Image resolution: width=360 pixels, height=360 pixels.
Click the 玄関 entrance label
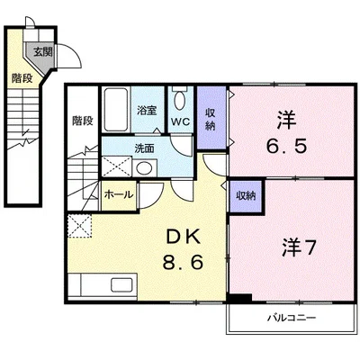click(x=43, y=52)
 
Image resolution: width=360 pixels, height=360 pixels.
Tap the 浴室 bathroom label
click(x=147, y=111)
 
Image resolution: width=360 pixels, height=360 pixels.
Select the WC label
click(x=181, y=121)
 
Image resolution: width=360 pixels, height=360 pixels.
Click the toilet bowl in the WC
click(x=180, y=100)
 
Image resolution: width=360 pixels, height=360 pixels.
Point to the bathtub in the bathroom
click(x=116, y=109)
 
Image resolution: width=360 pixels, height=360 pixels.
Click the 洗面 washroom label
click(x=144, y=148)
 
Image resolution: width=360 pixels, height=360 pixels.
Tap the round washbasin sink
click(x=144, y=168)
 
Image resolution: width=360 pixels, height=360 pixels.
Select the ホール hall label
click(x=118, y=194)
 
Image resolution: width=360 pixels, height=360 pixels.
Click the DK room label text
click(x=183, y=238)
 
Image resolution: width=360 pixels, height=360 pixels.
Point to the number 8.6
click(x=183, y=263)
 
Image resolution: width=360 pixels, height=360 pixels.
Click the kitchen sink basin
click(x=121, y=284)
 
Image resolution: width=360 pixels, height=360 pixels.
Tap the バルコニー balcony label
click(x=292, y=317)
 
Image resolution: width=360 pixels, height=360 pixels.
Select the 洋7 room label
click(x=299, y=248)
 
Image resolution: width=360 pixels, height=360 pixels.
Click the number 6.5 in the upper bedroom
click(x=286, y=146)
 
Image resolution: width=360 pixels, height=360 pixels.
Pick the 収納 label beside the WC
click(x=211, y=120)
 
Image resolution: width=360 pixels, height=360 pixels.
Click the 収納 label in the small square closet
click(x=246, y=196)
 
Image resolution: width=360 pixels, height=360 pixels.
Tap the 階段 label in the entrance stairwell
click(x=22, y=78)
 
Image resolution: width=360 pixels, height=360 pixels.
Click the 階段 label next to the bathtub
click(x=83, y=121)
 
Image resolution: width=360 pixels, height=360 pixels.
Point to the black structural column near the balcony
click(x=239, y=298)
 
